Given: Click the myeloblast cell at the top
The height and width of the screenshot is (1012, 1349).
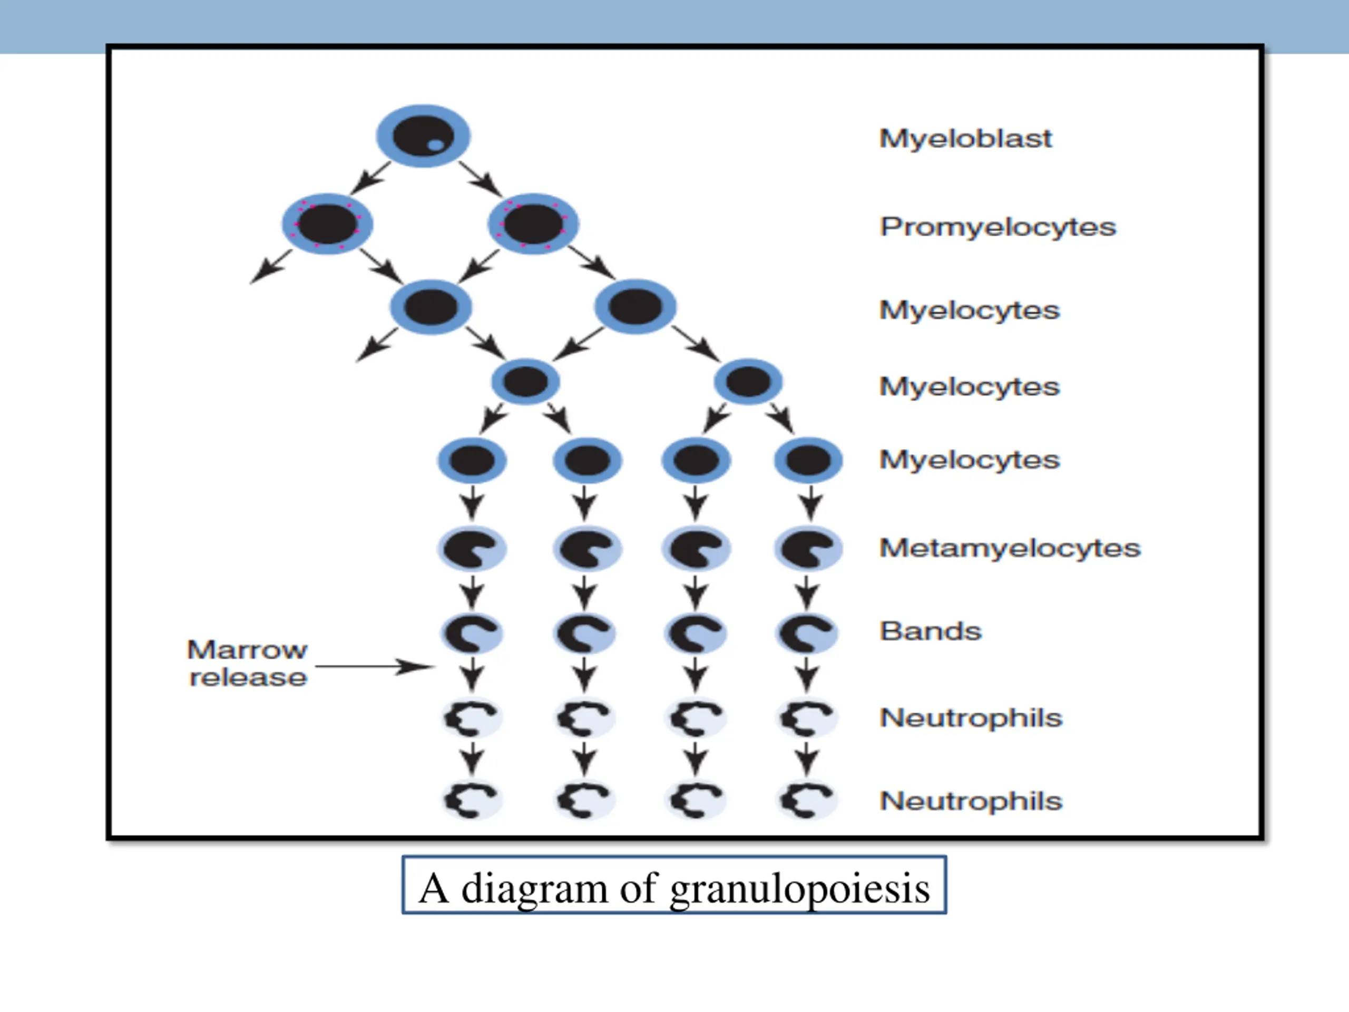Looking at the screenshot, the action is click(423, 135).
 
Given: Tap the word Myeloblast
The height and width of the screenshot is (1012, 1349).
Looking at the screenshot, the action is click(965, 139).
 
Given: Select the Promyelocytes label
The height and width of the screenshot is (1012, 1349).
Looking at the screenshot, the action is click(998, 227).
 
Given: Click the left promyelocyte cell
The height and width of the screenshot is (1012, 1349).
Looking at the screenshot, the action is click(327, 224).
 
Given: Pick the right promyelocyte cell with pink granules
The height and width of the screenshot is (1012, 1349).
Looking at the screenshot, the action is click(533, 224).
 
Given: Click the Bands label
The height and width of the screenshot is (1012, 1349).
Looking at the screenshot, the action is click(931, 631).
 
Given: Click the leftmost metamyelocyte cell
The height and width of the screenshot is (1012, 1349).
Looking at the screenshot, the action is click(472, 548).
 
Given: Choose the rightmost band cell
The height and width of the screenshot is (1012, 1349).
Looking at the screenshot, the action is click(806, 632).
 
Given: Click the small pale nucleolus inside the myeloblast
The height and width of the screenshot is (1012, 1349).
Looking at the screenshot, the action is click(435, 145).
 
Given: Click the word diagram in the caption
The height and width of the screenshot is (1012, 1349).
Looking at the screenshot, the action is click(534, 889).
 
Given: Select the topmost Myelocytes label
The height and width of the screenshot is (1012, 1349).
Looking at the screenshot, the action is click(970, 310).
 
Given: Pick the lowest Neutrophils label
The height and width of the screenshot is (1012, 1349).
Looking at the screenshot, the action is click(971, 801).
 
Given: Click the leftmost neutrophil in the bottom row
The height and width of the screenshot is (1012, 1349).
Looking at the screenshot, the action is click(472, 800).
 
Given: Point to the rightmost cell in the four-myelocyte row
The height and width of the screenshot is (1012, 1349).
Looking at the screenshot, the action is click(808, 461).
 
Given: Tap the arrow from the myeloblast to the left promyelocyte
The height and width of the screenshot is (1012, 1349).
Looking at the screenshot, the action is click(370, 178).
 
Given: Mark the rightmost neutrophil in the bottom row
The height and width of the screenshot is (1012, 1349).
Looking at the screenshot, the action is click(806, 800).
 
